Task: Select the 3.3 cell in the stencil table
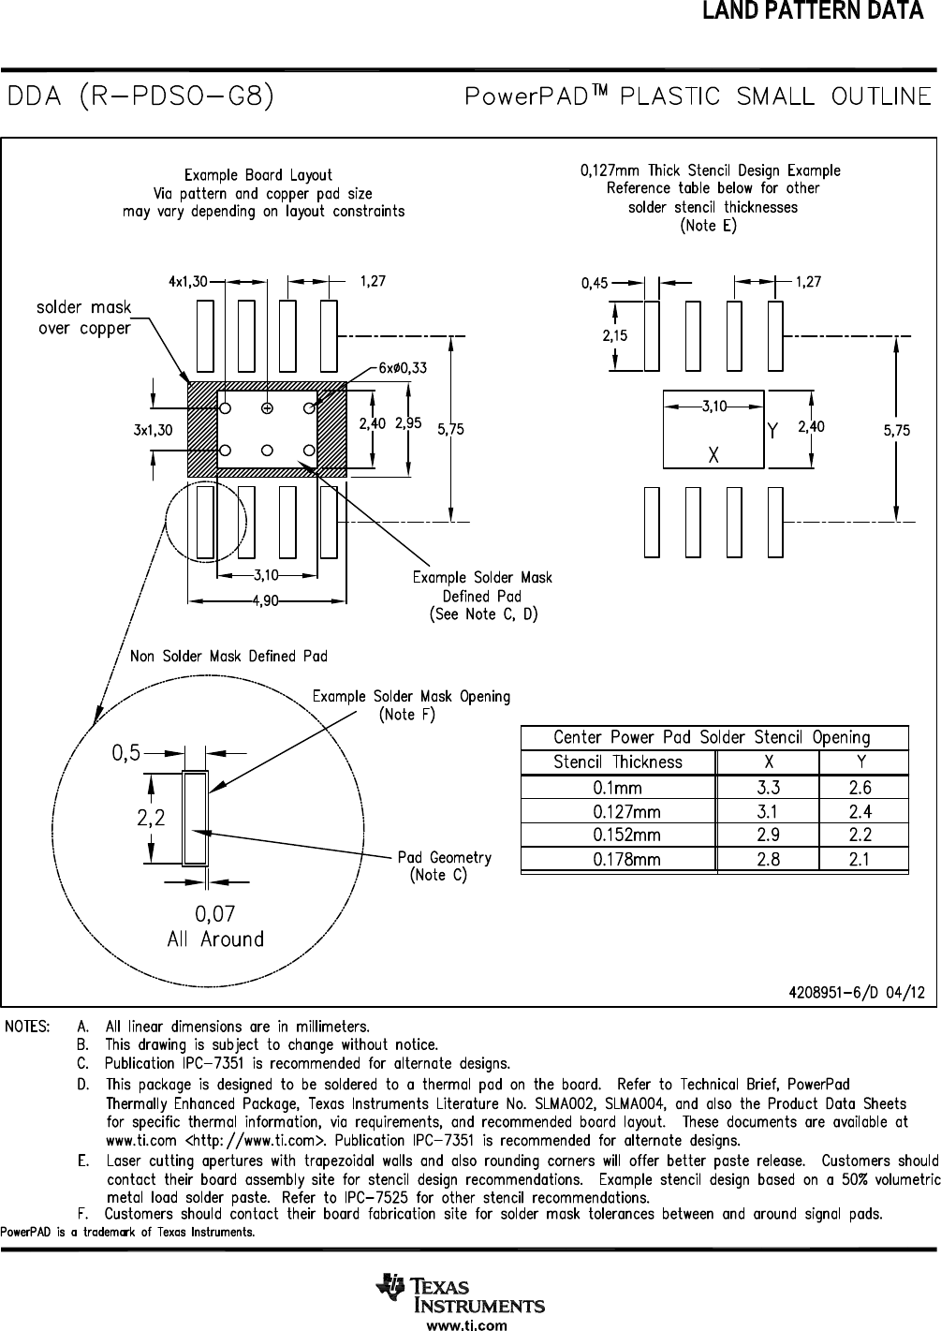768,789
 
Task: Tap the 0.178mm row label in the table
625,859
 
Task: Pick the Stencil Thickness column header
618,762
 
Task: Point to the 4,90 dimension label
269,600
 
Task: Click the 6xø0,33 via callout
403,368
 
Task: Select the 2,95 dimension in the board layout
407,423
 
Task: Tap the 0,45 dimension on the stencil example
595,282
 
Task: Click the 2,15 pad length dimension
614,335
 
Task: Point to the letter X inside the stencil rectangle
713,455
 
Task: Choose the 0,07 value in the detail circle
214,912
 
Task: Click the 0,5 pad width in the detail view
126,751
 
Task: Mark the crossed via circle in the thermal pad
267,408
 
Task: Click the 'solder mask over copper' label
84,318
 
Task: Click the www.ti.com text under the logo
466,1324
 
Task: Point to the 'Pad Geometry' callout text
444,858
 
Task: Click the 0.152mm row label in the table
625,836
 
